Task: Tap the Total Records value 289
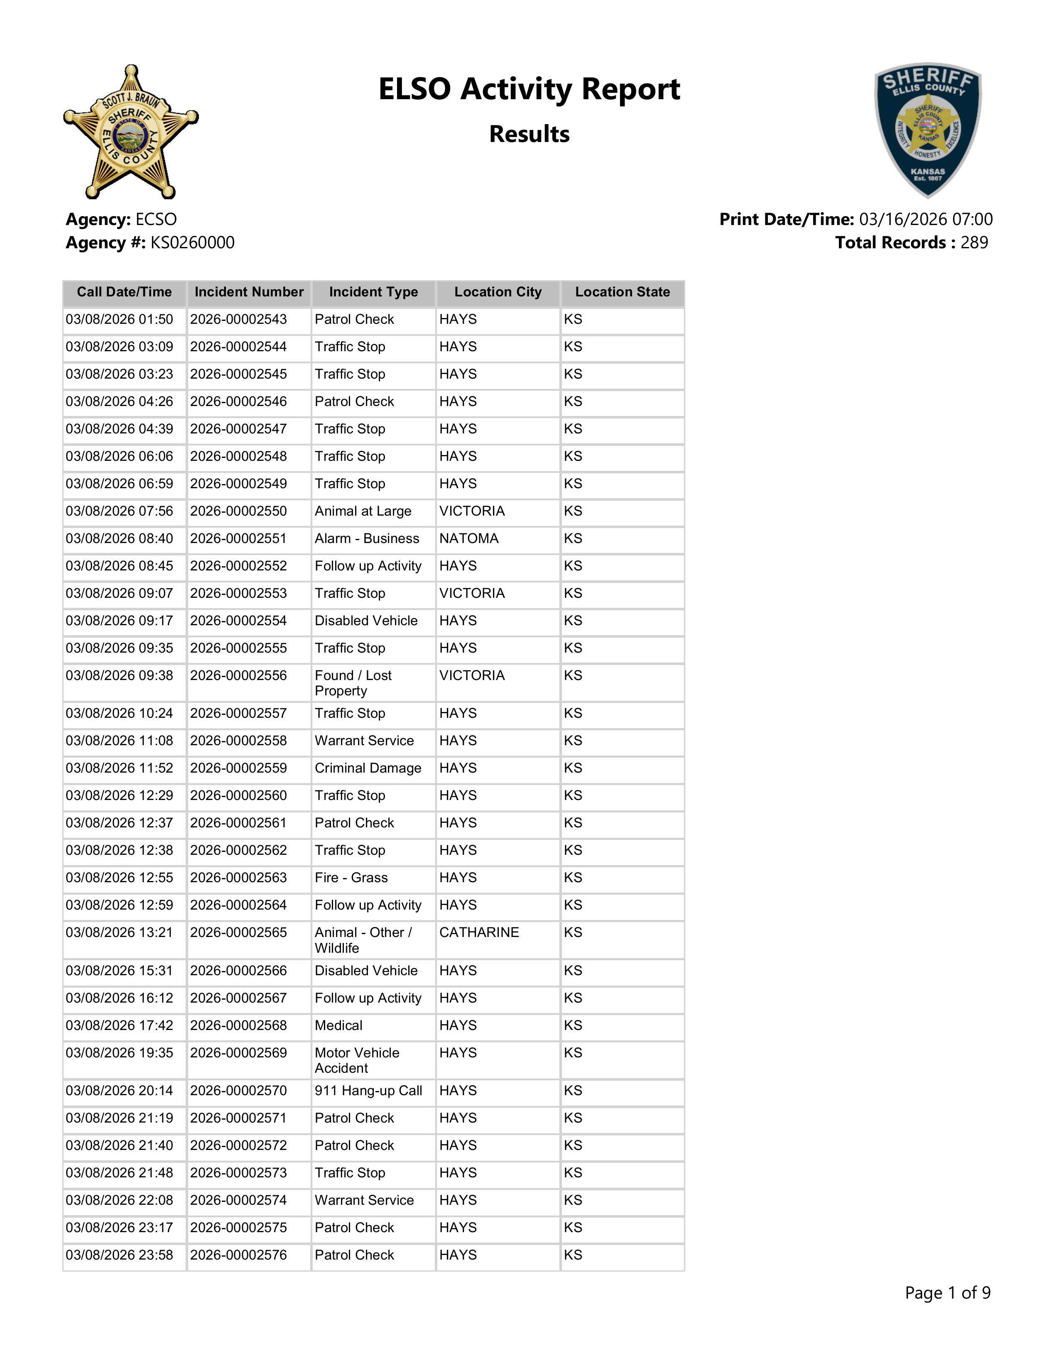point(974,243)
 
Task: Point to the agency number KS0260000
point(192,243)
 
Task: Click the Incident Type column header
point(373,292)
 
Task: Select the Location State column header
point(623,292)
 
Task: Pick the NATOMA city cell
point(468,539)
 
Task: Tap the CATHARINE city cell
point(479,933)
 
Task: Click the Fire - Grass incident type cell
point(351,878)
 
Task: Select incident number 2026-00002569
point(238,1053)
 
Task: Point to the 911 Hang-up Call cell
point(368,1091)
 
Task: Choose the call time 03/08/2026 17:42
point(119,1025)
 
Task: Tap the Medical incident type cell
point(339,1025)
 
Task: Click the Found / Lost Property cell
point(353,683)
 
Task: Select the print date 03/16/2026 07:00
point(925,220)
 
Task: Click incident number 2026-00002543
point(238,319)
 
